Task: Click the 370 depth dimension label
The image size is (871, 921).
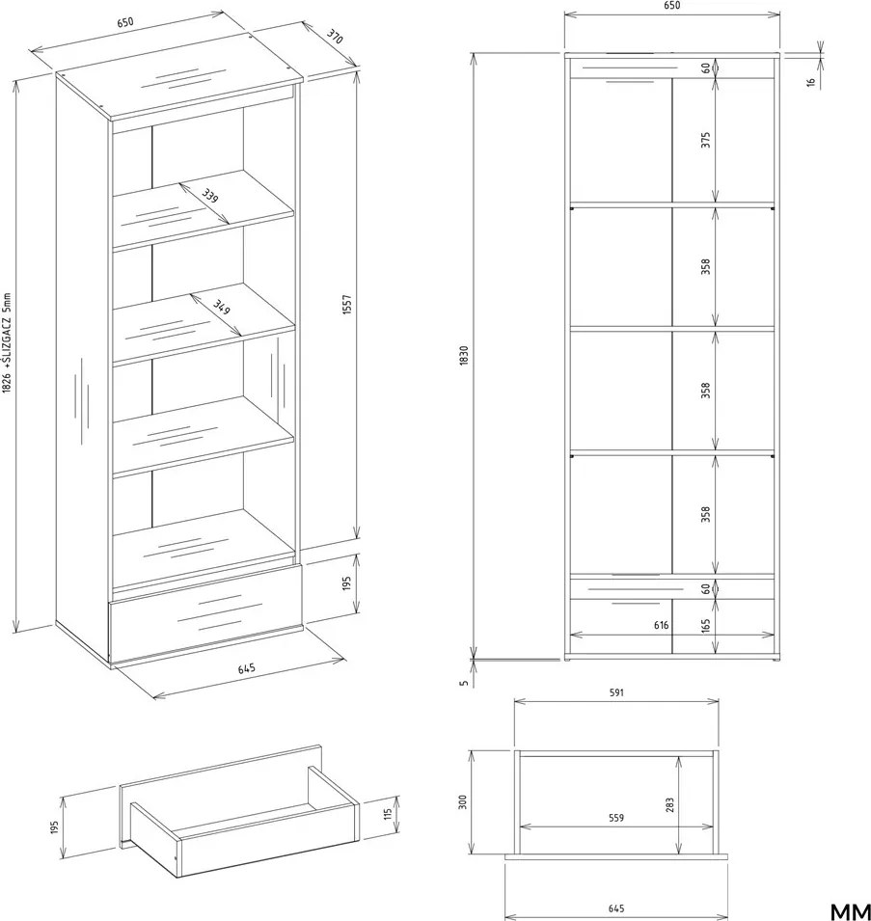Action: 334,37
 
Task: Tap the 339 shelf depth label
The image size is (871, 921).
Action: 209,195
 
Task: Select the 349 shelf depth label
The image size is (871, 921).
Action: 222,307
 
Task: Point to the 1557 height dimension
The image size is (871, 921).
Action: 346,305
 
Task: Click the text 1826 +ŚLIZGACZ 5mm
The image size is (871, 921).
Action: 7,343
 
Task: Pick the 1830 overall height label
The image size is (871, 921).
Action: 464,356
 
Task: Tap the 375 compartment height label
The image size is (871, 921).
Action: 705,140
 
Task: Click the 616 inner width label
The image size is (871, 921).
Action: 662,625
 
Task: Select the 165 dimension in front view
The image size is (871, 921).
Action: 705,626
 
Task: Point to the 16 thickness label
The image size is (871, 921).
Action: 811,82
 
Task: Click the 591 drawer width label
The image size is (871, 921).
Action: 616,692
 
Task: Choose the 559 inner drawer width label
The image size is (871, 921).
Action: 616,818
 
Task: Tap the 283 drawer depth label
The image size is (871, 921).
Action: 670,804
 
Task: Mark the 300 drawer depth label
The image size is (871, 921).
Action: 463,802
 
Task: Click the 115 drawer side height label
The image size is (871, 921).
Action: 387,814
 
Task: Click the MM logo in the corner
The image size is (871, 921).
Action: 850,911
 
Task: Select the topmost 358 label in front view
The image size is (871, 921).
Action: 705,266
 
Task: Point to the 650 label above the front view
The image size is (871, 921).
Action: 672,5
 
